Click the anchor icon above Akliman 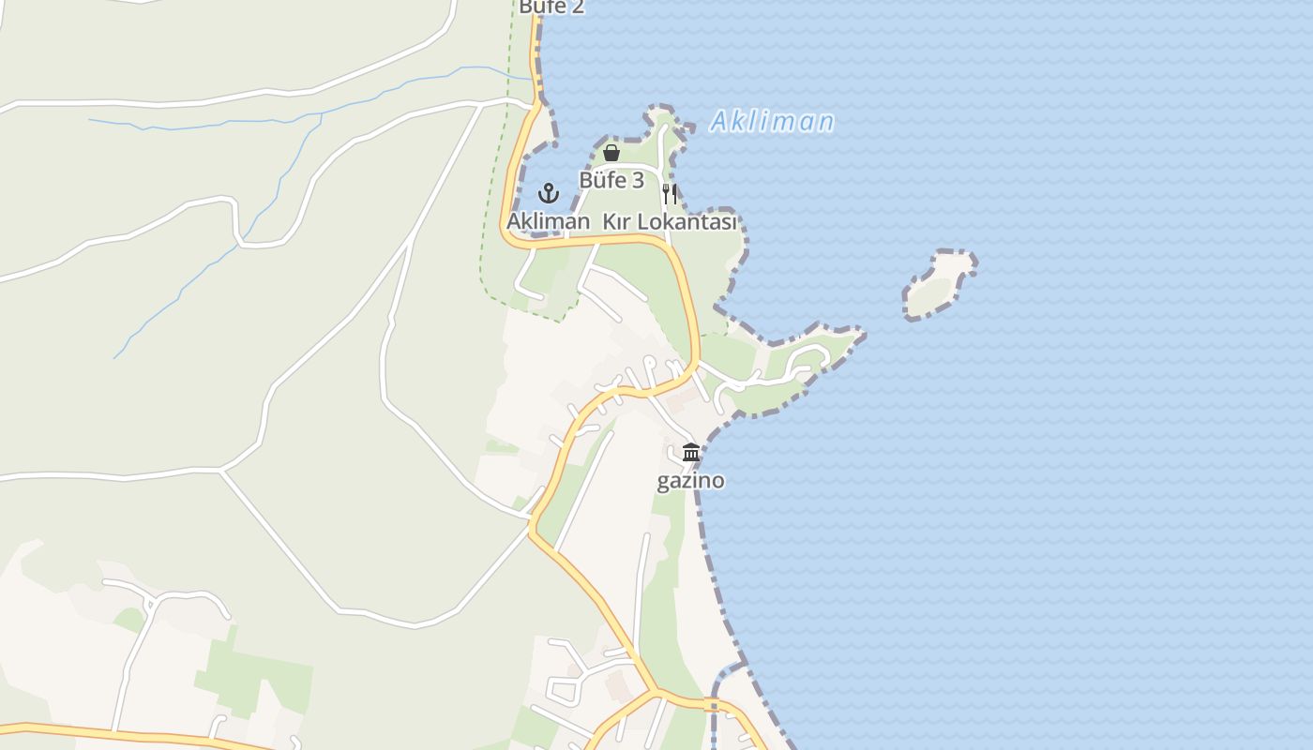pos(549,194)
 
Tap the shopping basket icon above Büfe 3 pos(611,153)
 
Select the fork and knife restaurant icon pos(670,194)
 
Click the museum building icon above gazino pos(691,453)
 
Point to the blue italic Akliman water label pos(772,122)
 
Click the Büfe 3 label pos(611,180)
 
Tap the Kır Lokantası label pos(669,222)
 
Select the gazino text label pos(690,481)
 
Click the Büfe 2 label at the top pos(551,7)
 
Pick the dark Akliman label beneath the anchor pos(549,221)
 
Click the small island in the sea pos(938,284)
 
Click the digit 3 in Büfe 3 pos(638,180)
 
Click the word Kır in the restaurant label pos(615,222)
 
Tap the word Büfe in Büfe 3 pos(602,180)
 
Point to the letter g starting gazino pos(662,483)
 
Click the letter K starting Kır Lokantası pos(608,222)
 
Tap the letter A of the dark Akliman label pos(514,221)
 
